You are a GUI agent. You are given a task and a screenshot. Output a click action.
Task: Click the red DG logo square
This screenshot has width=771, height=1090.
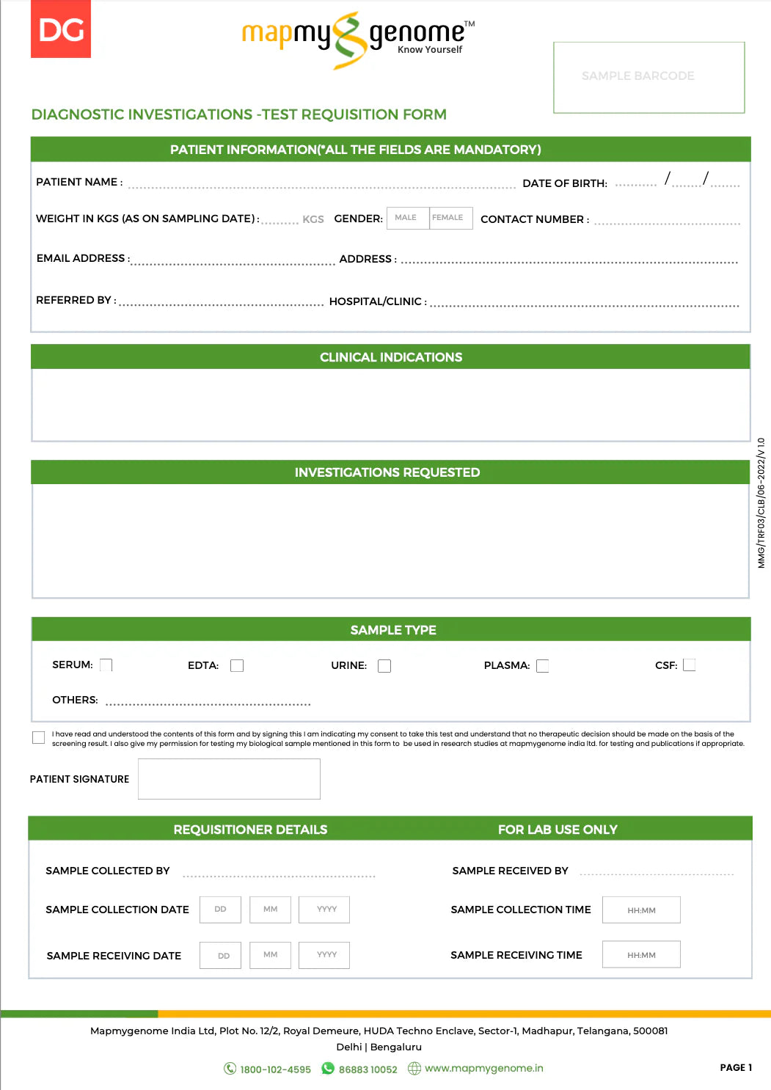61,29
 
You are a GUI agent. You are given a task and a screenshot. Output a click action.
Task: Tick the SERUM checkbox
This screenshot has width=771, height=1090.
106,665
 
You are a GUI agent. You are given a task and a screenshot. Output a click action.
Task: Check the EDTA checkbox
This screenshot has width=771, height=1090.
237,665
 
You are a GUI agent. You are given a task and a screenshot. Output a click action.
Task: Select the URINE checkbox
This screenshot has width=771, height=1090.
384,666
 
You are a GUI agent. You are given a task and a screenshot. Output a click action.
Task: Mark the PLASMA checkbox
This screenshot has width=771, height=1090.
543,665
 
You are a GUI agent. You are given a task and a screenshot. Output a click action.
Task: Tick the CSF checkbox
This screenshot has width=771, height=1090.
689,665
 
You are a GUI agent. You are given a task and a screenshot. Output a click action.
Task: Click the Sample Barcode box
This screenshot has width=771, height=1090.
648,77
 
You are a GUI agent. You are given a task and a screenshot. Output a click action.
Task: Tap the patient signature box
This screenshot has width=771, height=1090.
229,779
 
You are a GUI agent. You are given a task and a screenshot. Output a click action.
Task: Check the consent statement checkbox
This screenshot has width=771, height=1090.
38,737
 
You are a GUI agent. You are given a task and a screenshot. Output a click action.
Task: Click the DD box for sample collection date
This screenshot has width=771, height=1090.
220,910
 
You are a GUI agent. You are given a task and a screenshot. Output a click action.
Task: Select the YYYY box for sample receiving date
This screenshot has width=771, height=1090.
324,955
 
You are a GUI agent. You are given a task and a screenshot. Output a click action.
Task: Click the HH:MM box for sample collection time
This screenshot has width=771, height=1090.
641,910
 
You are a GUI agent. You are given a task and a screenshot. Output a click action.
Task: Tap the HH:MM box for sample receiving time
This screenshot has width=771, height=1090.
641,955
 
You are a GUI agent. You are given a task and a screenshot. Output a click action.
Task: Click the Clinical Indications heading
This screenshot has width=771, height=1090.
391,357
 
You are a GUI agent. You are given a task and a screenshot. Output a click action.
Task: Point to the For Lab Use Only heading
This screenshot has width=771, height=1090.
558,830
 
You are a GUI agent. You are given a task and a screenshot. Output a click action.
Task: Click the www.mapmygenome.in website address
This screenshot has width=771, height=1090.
484,1068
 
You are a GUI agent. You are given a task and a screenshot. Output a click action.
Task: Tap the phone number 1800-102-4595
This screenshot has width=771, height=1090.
275,1069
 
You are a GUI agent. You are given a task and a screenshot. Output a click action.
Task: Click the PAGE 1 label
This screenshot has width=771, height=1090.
736,1067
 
